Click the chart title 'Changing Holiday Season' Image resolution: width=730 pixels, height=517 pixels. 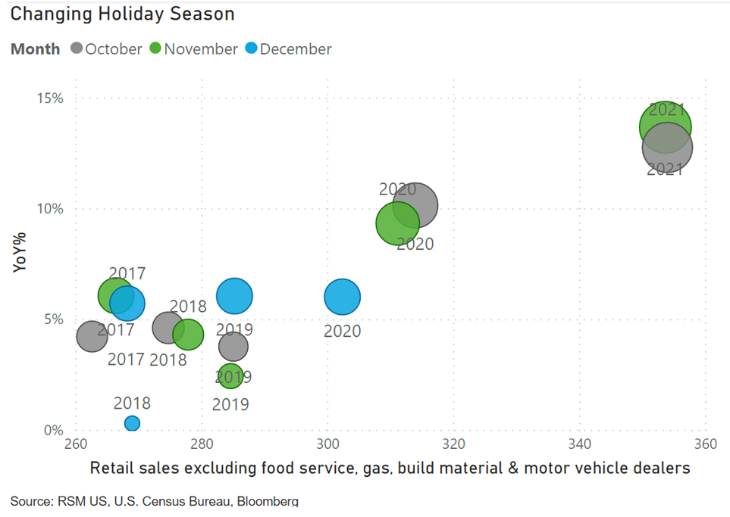click(122, 14)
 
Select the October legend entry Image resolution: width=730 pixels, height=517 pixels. click(106, 49)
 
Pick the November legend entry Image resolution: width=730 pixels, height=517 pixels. click(193, 49)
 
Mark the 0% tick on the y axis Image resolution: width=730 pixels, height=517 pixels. click(54, 430)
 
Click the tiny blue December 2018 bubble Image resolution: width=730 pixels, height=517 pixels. click(132, 423)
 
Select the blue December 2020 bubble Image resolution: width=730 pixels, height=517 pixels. click(342, 297)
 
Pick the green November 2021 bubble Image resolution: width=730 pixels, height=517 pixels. click(665, 126)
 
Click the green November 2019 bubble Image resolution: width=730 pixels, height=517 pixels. click(230, 376)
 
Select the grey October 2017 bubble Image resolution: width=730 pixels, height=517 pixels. click(92, 336)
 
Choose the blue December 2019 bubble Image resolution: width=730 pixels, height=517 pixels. click(234, 296)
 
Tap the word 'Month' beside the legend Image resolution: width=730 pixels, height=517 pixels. click(36, 49)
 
